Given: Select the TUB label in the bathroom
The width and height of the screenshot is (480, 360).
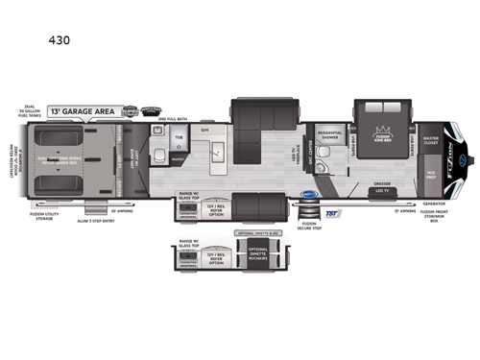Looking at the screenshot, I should pos(178,138).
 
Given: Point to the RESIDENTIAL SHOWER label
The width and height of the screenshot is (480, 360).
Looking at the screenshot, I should pos(329,137).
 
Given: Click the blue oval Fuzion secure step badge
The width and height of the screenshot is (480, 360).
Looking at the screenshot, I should pos(309,194).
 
